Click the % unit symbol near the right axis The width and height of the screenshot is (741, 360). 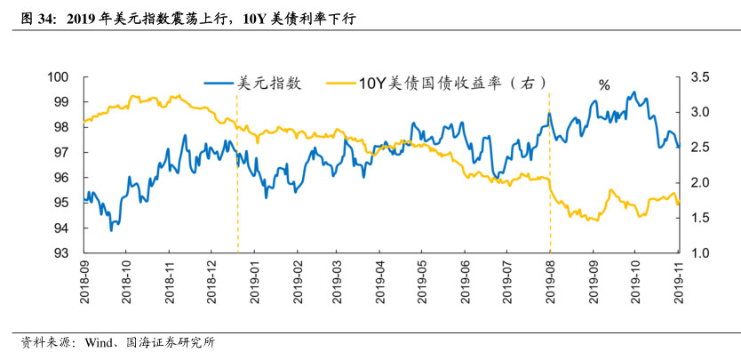(604, 85)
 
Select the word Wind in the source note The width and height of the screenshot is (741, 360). (100, 342)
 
